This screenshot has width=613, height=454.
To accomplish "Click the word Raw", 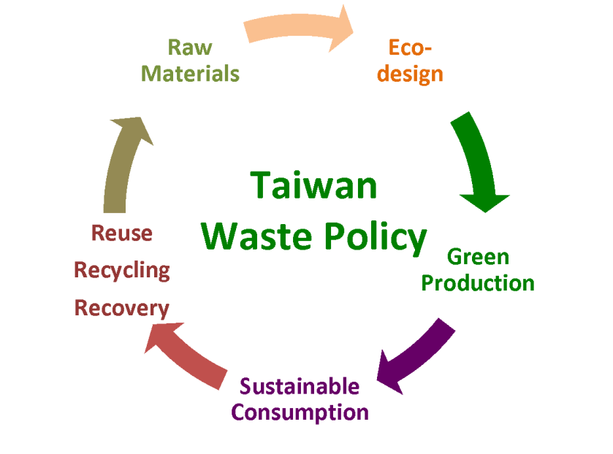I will pos(190,48).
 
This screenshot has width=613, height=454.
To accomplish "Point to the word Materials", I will pos(190,74).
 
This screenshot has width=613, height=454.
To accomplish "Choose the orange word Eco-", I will pos(410,48).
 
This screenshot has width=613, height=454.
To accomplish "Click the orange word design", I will pos(410,74).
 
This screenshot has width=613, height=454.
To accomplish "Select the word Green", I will pos(478,257).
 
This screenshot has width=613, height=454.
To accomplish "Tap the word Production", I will pos(478,282).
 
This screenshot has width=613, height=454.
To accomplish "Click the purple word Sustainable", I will pos(300,386).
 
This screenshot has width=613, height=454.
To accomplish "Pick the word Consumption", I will pos(300,412).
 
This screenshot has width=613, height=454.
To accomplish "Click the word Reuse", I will pos(121,234).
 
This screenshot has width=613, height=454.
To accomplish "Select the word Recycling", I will pos(121,271).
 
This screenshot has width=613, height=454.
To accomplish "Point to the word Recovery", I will pos(121,308).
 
